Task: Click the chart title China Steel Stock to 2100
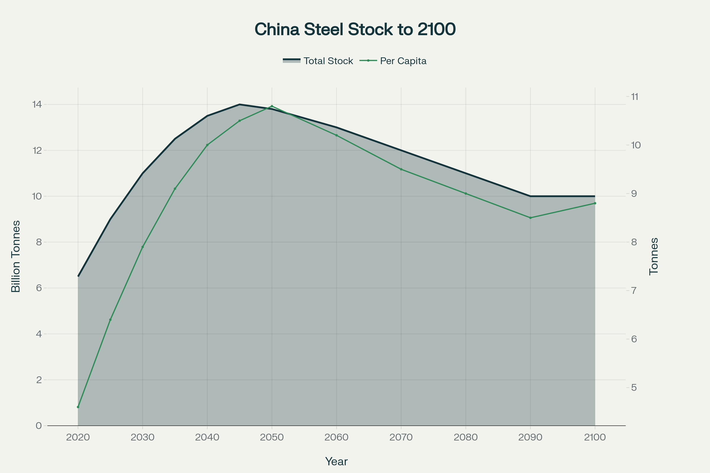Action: [355, 30]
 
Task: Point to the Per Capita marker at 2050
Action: [272, 106]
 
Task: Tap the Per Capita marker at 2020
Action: [78, 407]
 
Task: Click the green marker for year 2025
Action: [110, 320]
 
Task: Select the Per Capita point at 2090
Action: [530, 218]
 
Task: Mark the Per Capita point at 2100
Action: [595, 203]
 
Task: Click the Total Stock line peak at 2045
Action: [240, 104]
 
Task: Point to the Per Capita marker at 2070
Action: [401, 169]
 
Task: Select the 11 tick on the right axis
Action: [635, 97]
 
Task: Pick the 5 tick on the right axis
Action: [634, 387]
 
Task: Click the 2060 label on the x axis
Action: [336, 438]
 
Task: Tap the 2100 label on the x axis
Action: [595, 438]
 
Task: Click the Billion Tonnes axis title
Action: [16, 256]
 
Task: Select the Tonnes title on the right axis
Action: [653, 256]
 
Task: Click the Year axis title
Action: [336, 461]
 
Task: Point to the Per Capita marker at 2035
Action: [175, 189]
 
